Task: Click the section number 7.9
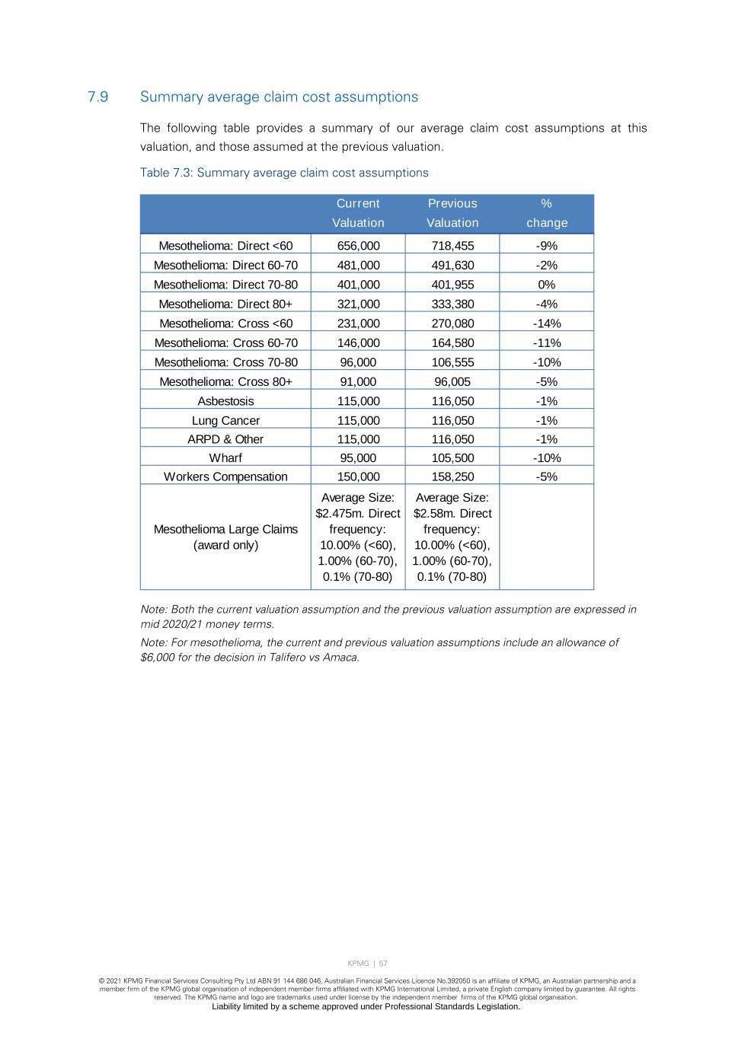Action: (97, 97)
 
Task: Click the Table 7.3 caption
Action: (284, 173)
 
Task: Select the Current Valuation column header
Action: (358, 213)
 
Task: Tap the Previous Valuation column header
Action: (452, 213)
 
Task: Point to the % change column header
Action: (547, 213)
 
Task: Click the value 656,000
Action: (358, 246)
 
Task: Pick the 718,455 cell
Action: (452, 246)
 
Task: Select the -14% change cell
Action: (547, 323)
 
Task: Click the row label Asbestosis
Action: (225, 401)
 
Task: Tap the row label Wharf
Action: (225, 458)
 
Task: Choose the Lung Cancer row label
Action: (225, 421)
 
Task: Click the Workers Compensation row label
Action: (225, 477)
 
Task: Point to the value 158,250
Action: (452, 477)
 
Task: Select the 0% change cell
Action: (547, 285)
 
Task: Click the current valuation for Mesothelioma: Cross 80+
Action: (358, 382)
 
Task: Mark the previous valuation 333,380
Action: (452, 304)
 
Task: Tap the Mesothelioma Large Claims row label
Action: (225, 537)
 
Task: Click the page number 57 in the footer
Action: (383, 964)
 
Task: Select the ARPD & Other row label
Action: (225, 440)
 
